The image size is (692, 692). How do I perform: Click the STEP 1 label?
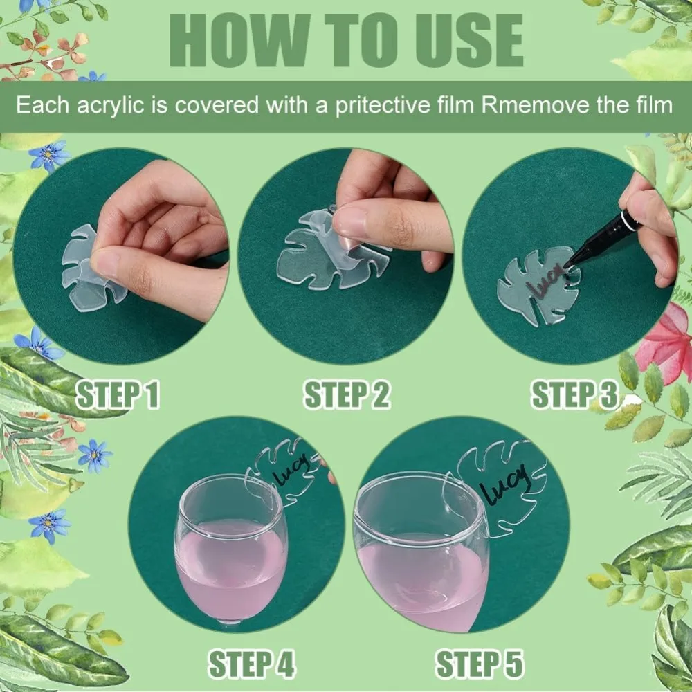[118, 394]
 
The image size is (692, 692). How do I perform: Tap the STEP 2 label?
[347, 394]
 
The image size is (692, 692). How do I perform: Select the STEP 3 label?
[576, 394]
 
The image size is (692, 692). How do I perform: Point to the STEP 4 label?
[252, 664]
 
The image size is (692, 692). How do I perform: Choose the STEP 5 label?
[480, 664]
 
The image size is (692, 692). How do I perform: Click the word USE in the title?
[470, 40]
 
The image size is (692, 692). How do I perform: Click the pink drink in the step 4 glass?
[230, 570]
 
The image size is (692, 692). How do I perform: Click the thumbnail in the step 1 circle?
[104, 264]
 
